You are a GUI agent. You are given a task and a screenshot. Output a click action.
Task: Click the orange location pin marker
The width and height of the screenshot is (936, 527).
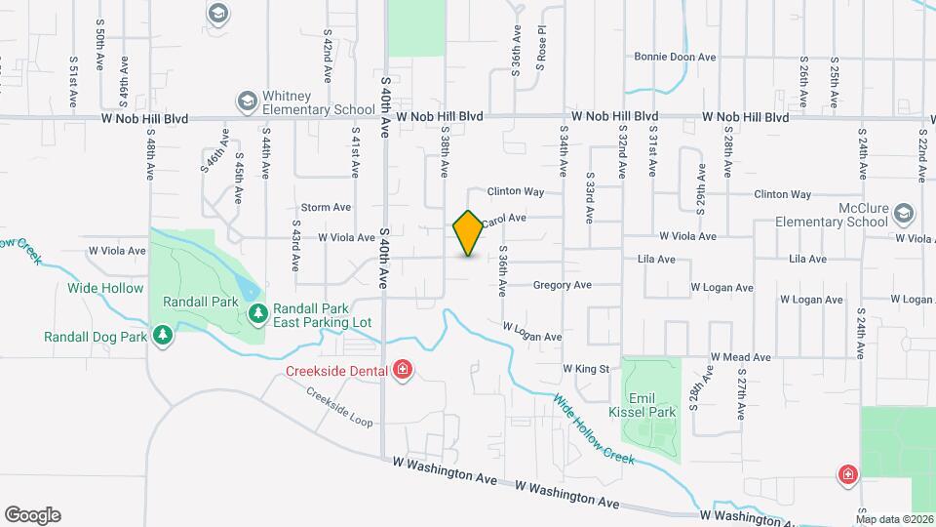[x=468, y=233]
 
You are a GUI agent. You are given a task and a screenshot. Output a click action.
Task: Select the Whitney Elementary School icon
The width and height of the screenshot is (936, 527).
[x=247, y=101]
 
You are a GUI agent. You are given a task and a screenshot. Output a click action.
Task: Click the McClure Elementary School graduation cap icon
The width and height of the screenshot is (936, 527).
[x=904, y=214]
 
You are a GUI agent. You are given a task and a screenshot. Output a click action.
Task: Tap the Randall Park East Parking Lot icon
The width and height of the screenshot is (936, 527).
[x=257, y=313]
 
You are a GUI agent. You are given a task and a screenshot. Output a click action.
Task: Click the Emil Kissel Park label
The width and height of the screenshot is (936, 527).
[x=649, y=405]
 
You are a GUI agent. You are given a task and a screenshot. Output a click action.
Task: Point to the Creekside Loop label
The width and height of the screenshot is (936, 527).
[x=339, y=408]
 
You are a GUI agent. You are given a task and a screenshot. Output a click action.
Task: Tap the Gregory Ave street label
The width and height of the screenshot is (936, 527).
[x=562, y=285]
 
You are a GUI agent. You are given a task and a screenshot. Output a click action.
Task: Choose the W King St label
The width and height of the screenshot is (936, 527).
[x=585, y=369]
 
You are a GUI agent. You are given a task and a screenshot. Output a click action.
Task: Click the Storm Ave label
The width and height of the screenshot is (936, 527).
[x=326, y=207]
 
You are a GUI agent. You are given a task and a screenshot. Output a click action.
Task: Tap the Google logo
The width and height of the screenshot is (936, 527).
[x=32, y=514]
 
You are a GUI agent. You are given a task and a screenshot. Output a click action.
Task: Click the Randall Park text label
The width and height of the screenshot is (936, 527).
[x=201, y=303]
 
